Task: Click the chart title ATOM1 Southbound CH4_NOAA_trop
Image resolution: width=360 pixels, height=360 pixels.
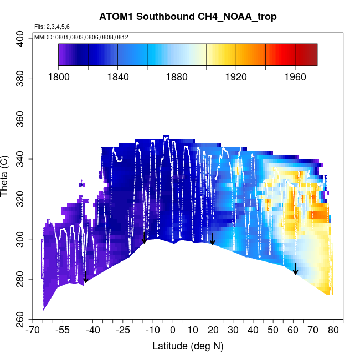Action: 188,17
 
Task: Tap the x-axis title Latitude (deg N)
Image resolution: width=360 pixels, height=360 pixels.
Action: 188,346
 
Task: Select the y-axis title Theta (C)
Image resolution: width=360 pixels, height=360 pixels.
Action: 6,177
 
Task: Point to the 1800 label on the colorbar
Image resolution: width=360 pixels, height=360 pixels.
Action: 59,77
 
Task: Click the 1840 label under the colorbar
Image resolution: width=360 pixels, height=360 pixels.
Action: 118,77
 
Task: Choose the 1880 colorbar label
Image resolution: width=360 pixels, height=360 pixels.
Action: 177,77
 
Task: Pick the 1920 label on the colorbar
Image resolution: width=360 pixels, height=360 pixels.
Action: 236,77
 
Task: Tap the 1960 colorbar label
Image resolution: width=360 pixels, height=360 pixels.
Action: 295,77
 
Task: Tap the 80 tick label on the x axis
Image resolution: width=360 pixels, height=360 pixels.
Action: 333,331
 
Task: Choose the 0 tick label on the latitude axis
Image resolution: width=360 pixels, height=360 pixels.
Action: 173,331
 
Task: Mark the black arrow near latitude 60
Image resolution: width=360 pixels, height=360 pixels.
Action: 296,269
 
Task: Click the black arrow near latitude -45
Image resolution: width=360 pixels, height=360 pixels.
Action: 85,276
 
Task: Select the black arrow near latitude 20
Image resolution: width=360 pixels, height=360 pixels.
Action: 213,239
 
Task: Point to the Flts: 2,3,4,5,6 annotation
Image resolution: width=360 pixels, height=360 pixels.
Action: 52,27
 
